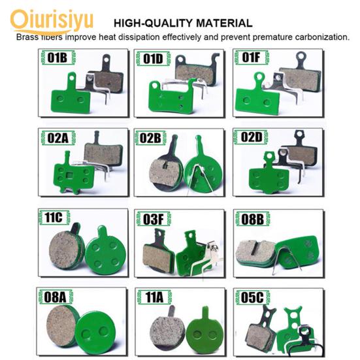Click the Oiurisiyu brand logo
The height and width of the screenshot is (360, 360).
pos(52,22)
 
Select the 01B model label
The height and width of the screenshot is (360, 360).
pos(57,57)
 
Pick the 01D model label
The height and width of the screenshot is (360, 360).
pos(153,59)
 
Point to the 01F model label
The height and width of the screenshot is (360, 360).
pos(251,57)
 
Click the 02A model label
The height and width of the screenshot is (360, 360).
pos(58,138)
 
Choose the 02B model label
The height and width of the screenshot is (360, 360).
pos(150,139)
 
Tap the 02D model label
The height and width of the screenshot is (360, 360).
pos(252,137)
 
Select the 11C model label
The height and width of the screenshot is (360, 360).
pos(54,217)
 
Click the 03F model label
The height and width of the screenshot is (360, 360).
pos(154,219)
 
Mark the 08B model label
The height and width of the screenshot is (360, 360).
pos(253,219)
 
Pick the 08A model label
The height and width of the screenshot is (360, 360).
pos(55,297)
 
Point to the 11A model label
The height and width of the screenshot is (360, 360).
pos(154,297)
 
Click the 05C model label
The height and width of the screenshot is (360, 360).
pos(252,297)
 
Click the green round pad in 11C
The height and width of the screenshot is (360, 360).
pos(105,252)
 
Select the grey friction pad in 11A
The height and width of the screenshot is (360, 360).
pos(167,331)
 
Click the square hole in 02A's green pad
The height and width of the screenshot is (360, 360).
pos(68,175)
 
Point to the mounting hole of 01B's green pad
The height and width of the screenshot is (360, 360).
pos(72,78)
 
